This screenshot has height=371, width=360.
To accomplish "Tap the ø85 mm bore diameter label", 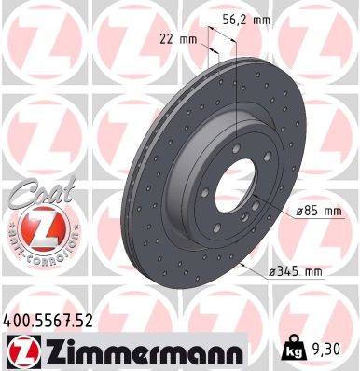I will (318, 212).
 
